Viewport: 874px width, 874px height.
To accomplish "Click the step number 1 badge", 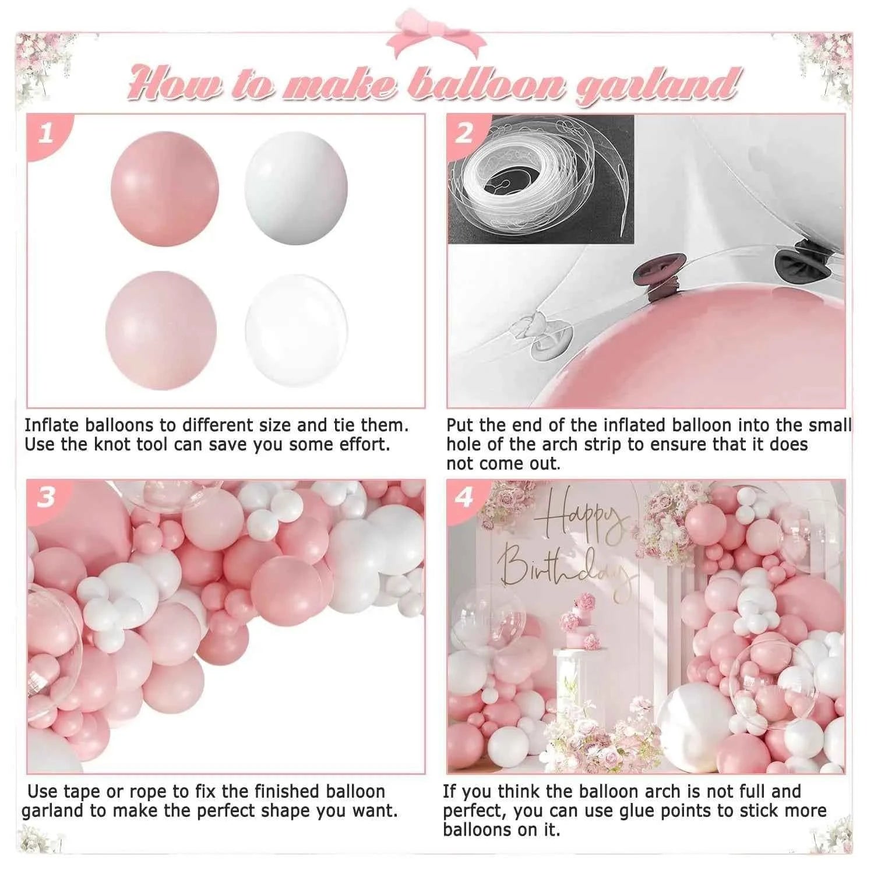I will [46, 133].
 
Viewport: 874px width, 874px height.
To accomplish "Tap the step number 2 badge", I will [464, 133].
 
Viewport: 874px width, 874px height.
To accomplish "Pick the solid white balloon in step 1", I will [296, 188].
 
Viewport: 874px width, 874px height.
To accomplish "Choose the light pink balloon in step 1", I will [161, 330].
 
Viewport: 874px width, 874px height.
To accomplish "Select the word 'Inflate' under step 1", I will [52, 425].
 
